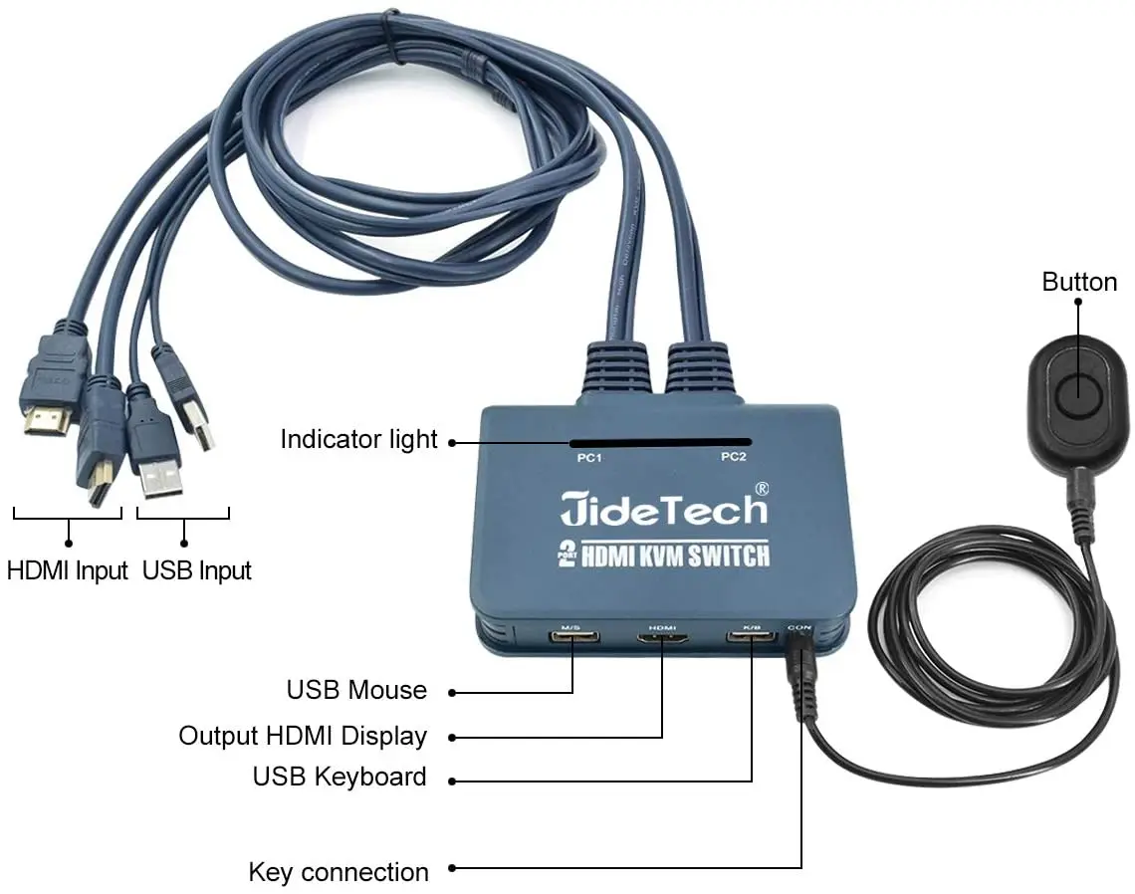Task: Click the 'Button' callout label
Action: (1079, 283)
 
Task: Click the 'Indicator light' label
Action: (358, 439)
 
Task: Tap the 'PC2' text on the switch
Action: (733, 457)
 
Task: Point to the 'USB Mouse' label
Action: (356, 690)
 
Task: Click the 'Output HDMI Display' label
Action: (303, 737)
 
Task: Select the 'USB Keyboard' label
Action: (340, 777)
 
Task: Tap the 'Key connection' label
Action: (339, 873)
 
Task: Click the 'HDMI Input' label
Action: (68, 571)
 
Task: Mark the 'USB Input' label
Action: (197, 571)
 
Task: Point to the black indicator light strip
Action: (660, 441)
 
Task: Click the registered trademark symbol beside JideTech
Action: (762, 489)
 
